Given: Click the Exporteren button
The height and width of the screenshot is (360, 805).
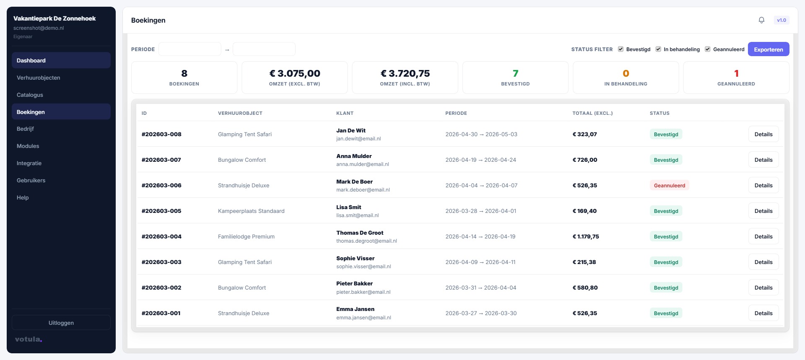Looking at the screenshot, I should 768,49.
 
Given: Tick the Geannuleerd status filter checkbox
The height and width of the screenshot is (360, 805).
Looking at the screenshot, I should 708,49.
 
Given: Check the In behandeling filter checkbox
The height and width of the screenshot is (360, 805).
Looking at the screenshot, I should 658,49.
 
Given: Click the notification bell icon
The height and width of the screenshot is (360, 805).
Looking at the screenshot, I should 761,20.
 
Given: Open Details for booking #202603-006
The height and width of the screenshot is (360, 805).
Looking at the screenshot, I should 763,185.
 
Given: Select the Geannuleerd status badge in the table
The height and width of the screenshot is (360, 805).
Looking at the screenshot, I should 669,185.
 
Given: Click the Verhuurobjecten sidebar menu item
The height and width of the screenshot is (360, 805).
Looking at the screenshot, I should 39,78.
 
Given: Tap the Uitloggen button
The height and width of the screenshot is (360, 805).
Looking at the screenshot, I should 61,323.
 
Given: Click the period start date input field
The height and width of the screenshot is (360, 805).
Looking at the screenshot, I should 190,49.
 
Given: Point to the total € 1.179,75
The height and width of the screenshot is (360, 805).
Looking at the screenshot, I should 586,236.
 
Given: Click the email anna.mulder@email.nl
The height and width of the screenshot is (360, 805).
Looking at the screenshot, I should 362,164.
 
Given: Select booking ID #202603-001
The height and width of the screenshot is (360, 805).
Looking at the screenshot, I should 161,313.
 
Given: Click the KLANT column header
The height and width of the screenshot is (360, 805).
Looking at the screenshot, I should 345,113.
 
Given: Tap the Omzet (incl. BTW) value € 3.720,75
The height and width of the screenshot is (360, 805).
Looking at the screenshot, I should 405,73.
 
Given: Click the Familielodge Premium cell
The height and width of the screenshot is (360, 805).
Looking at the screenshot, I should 246,236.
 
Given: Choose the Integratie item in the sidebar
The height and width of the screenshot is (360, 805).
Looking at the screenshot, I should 29,163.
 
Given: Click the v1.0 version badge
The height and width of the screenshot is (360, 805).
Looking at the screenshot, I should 781,20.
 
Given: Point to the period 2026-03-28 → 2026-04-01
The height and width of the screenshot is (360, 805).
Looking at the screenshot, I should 480,211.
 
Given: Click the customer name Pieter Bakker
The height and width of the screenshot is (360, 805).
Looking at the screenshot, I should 354,284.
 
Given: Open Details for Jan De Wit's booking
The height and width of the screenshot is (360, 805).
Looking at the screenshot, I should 763,134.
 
